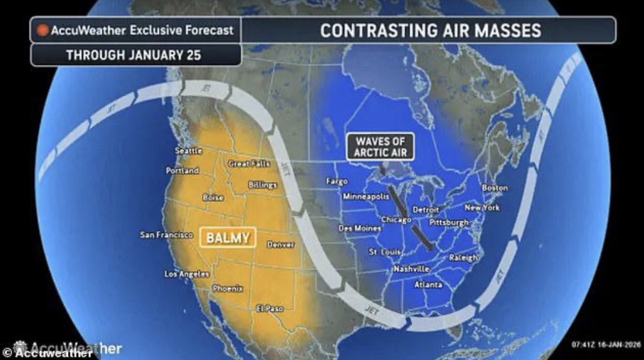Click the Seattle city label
tap(188, 151)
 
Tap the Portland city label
tap(182, 170)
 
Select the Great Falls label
tap(249, 163)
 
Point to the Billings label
tap(262, 185)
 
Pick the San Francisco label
tap(166, 234)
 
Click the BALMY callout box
tap(228, 237)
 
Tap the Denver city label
tap(280, 245)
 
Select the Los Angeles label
tap(187, 274)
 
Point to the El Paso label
tap(270, 308)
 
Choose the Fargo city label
tap(336, 181)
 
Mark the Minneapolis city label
tap(365, 197)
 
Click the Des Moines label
tap(359, 228)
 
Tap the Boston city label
tap(495, 188)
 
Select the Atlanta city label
tap(428, 284)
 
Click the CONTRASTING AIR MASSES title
tap(430, 30)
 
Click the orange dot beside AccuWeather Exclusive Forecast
tap(43, 30)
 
